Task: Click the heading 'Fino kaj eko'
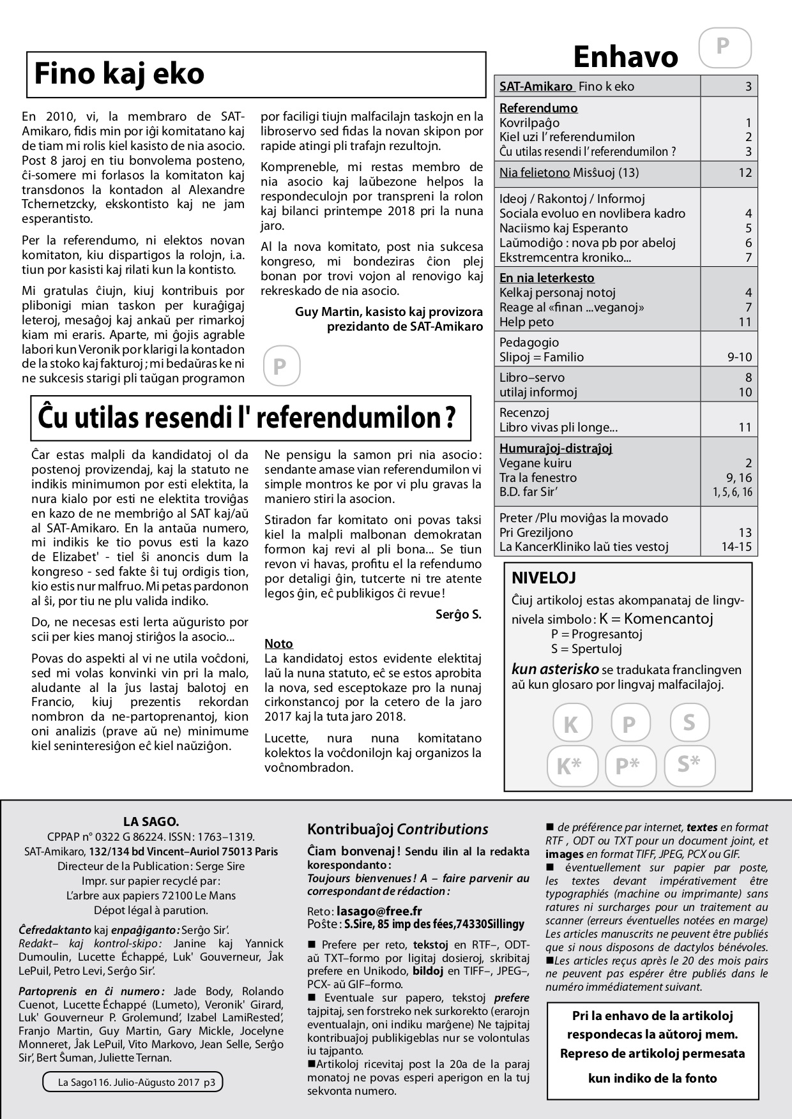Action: pyautogui.click(x=119, y=73)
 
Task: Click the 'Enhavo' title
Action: pyautogui.click(x=625, y=57)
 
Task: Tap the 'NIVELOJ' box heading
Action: pyautogui.click(x=544, y=578)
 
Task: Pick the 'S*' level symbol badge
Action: pyautogui.click(x=688, y=763)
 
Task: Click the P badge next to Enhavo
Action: pyautogui.click(x=723, y=47)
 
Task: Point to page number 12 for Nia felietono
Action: pyautogui.click(x=745, y=172)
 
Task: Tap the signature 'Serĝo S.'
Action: pyautogui.click(x=458, y=615)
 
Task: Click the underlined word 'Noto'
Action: pyautogui.click(x=278, y=643)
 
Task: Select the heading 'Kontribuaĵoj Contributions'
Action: pyautogui.click(x=397, y=829)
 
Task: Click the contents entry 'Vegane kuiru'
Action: pyautogui.click(x=535, y=463)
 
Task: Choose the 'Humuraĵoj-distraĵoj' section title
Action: pyautogui.click(x=556, y=448)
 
